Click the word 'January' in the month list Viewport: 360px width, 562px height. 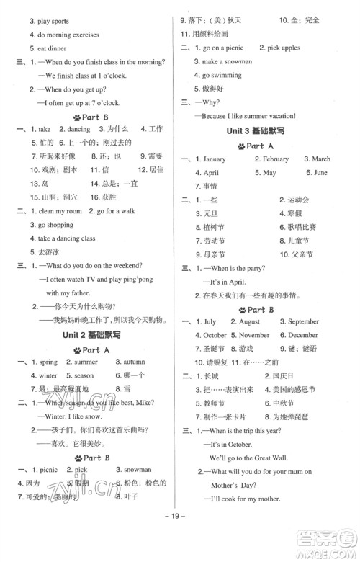pyautogui.click(x=214, y=159)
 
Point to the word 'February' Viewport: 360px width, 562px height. pyautogui.click(x=276, y=159)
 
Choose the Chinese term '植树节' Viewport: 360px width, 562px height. pyautogui.click(x=215, y=228)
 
